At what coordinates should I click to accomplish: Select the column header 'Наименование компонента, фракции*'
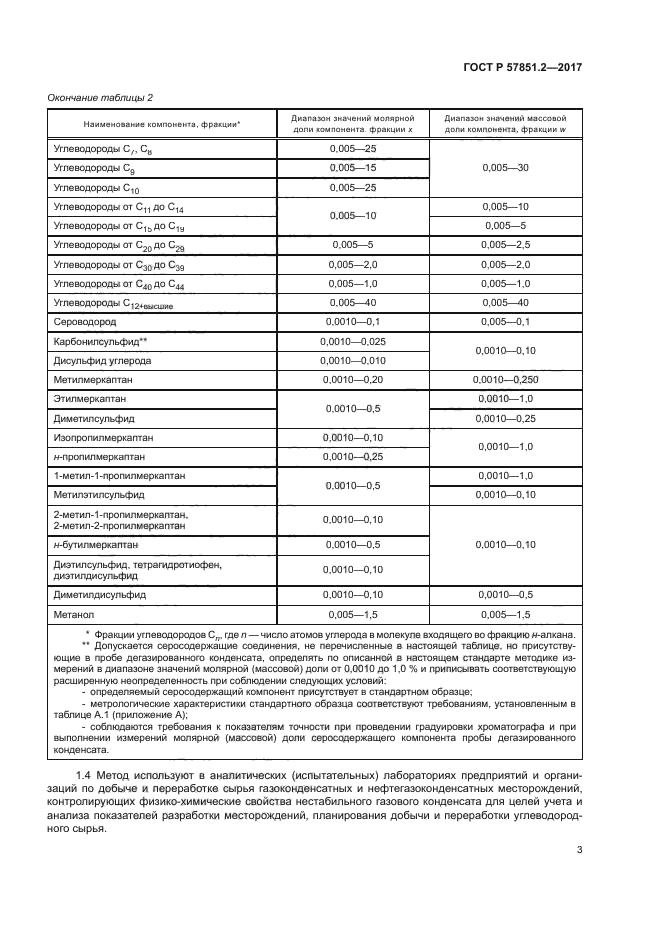pos(147,123)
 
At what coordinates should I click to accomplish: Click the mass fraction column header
pos(505,123)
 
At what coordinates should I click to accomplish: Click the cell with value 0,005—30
pos(504,167)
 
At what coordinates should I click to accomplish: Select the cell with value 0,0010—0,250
pos(504,379)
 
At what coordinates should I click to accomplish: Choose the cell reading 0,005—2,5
pos(504,244)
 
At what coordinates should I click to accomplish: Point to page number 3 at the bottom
pos(579,849)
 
